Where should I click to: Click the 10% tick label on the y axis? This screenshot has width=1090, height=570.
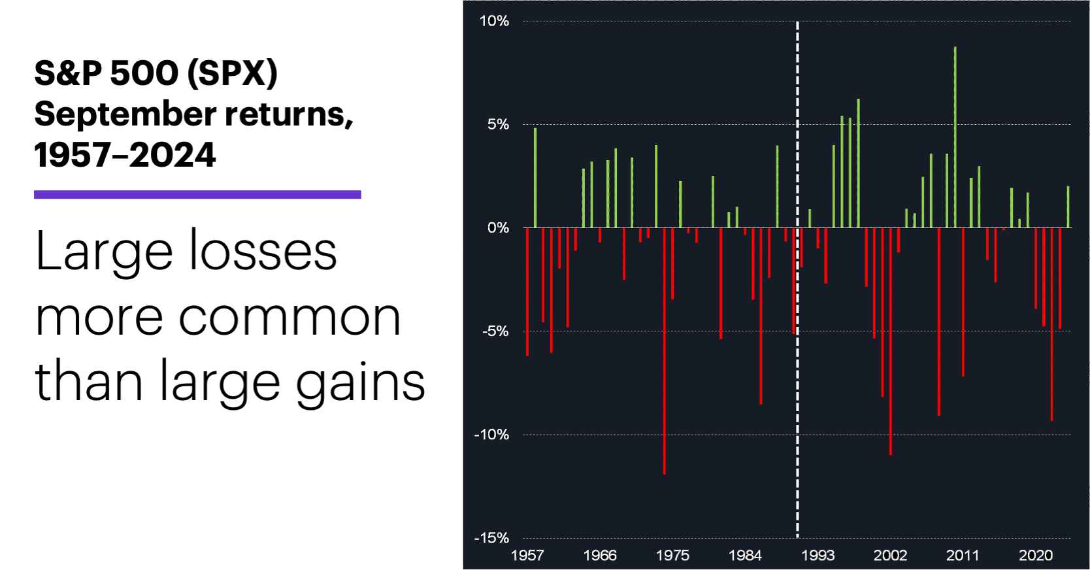pos(494,21)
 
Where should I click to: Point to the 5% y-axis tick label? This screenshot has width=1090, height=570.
pos(497,124)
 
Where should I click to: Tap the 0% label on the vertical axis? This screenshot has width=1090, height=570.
pos(497,227)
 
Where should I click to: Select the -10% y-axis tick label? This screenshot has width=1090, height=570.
pos(491,434)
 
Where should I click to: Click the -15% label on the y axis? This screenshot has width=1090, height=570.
pos(491,537)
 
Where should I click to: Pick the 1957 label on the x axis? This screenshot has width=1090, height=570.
pos(527,556)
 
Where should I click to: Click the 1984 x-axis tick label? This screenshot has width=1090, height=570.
pos(745,556)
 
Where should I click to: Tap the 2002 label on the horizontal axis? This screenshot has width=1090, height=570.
pos(890,556)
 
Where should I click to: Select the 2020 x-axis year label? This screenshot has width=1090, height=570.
pos(1036,556)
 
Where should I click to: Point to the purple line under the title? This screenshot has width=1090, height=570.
pos(197,194)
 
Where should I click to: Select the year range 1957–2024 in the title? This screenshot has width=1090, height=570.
pos(124,156)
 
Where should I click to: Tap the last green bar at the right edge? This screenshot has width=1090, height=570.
pos(1068,207)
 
